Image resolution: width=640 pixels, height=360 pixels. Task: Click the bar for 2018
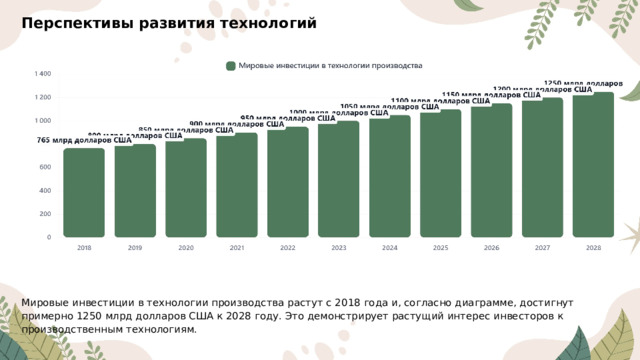(x=84, y=192)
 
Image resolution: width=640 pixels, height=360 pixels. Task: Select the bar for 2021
(x=237, y=185)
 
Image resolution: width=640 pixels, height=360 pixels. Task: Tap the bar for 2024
(x=390, y=176)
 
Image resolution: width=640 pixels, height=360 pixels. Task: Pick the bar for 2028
(x=593, y=165)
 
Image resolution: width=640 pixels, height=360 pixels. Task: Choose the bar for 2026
(x=491, y=170)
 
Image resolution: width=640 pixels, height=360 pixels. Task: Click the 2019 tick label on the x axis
(x=135, y=247)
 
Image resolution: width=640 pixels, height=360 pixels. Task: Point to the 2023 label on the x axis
(x=339, y=247)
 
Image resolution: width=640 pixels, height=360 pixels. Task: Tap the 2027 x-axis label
(x=542, y=247)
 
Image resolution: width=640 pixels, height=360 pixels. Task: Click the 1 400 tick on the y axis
(x=43, y=74)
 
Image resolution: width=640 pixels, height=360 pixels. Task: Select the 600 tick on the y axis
(x=45, y=168)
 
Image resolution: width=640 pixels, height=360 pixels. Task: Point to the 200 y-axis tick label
(x=45, y=214)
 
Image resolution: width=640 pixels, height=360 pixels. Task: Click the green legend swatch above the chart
(x=231, y=66)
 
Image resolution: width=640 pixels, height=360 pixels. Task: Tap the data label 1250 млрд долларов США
(x=584, y=84)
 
